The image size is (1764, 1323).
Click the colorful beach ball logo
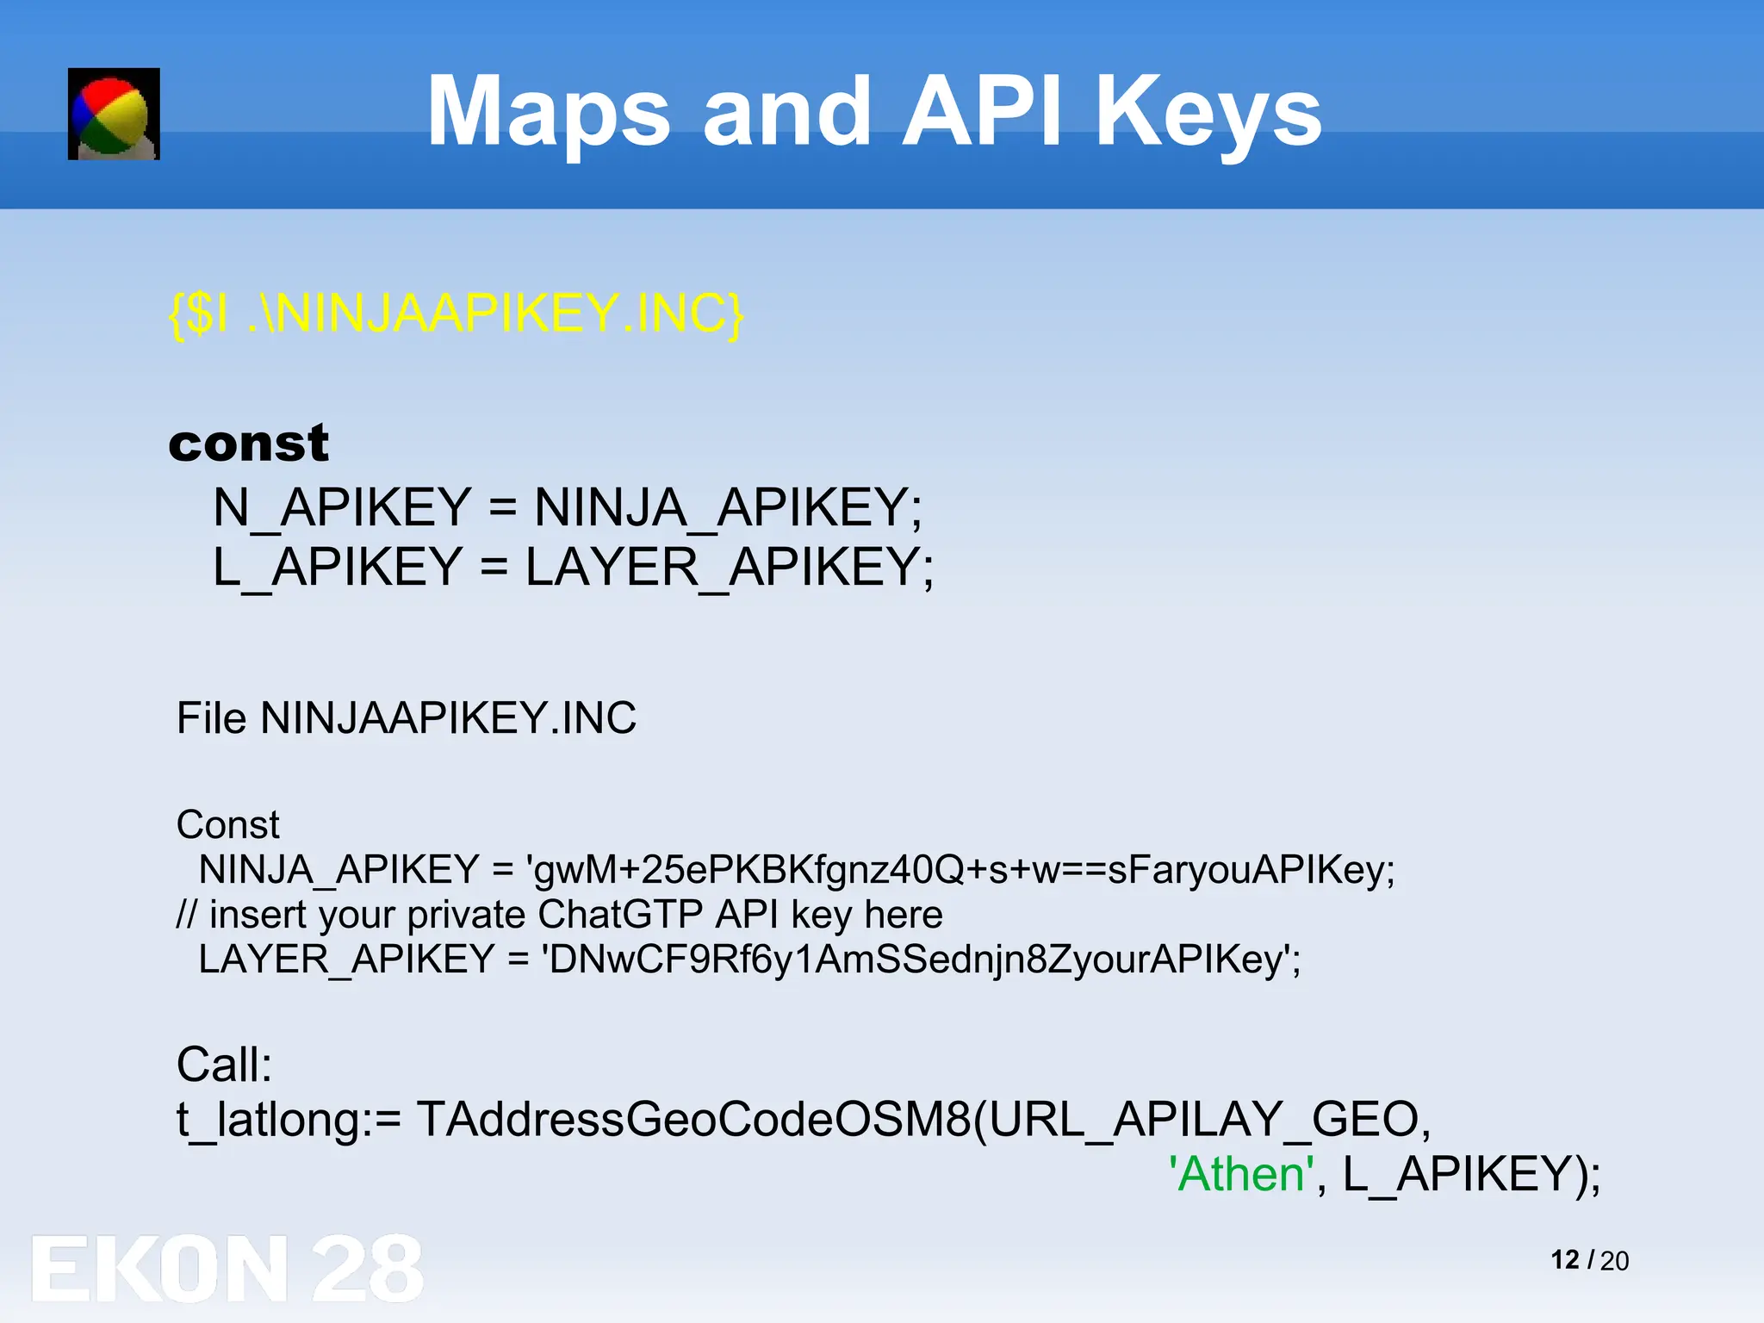tap(114, 114)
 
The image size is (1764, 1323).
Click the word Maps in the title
tap(548, 112)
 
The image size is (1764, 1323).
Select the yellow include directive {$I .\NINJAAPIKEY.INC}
tap(457, 314)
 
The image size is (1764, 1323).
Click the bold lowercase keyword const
tap(248, 444)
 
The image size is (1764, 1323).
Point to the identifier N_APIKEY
tap(342, 507)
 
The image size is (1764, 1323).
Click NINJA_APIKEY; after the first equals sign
tap(728, 507)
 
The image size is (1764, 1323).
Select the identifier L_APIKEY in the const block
tap(338, 568)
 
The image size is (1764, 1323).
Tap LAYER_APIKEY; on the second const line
tap(730, 568)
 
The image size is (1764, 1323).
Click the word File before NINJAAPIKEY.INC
tap(211, 718)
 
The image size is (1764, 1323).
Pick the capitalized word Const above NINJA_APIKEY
tap(227, 825)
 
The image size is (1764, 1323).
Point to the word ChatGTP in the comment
tap(620, 915)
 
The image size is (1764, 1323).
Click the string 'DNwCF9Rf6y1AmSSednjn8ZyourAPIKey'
tap(920, 960)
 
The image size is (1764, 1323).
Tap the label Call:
tap(224, 1065)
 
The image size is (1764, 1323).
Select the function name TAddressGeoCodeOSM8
tap(694, 1120)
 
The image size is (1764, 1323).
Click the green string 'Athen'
tap(1241, 1174)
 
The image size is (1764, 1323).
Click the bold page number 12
tap(1564, 1260)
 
